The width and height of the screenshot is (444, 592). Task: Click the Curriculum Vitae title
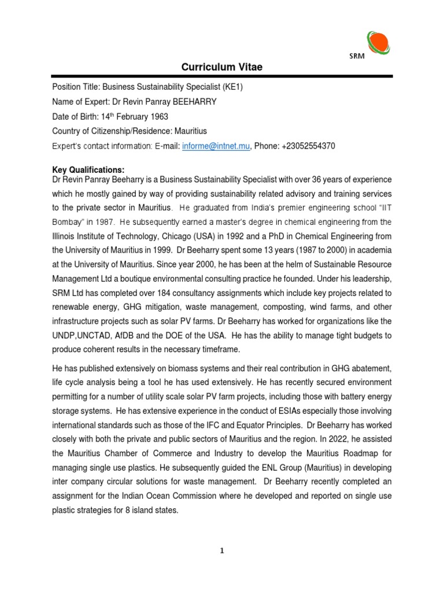(x=222, y=68)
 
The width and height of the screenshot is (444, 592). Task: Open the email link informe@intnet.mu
(x=216, y=146)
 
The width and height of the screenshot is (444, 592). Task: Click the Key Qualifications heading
(x=88, y=169)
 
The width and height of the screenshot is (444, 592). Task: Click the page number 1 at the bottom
(x=222, y=550)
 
